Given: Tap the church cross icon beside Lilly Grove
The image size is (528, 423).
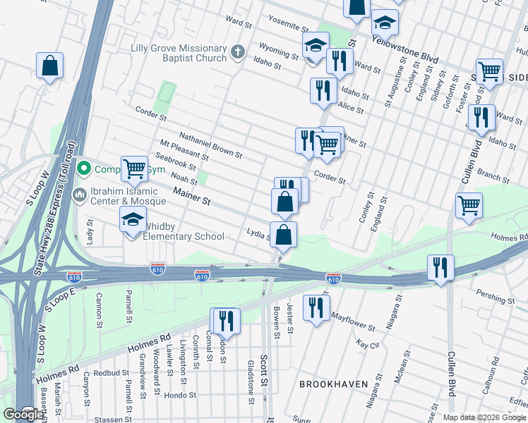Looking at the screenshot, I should pos(239,51).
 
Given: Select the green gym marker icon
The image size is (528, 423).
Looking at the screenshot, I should pos(84,168).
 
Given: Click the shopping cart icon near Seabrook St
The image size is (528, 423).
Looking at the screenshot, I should pos(133,168).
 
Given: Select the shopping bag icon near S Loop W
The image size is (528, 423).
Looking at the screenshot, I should pos(50,66).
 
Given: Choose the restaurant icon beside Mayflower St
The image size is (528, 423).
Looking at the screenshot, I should pos(316,307).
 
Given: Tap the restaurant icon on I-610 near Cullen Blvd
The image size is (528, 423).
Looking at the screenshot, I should pos(440,267).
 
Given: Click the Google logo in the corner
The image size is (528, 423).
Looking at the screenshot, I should pos(23,415).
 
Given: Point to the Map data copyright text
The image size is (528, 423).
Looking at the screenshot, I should pos(484,417).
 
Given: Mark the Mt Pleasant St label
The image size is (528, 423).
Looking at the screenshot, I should pos(184,151).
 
